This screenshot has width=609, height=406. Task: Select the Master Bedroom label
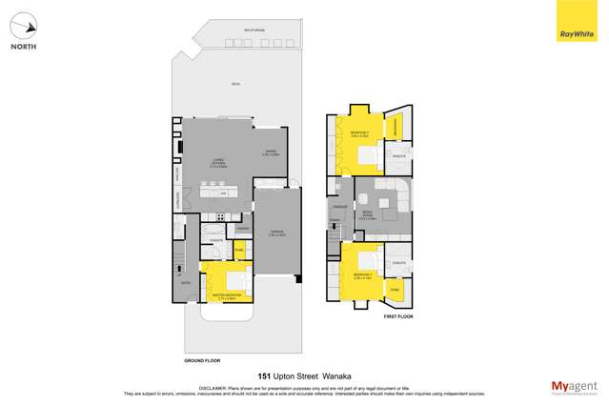[x=220, y=297]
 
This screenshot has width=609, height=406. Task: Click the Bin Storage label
[x=253, y=30]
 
